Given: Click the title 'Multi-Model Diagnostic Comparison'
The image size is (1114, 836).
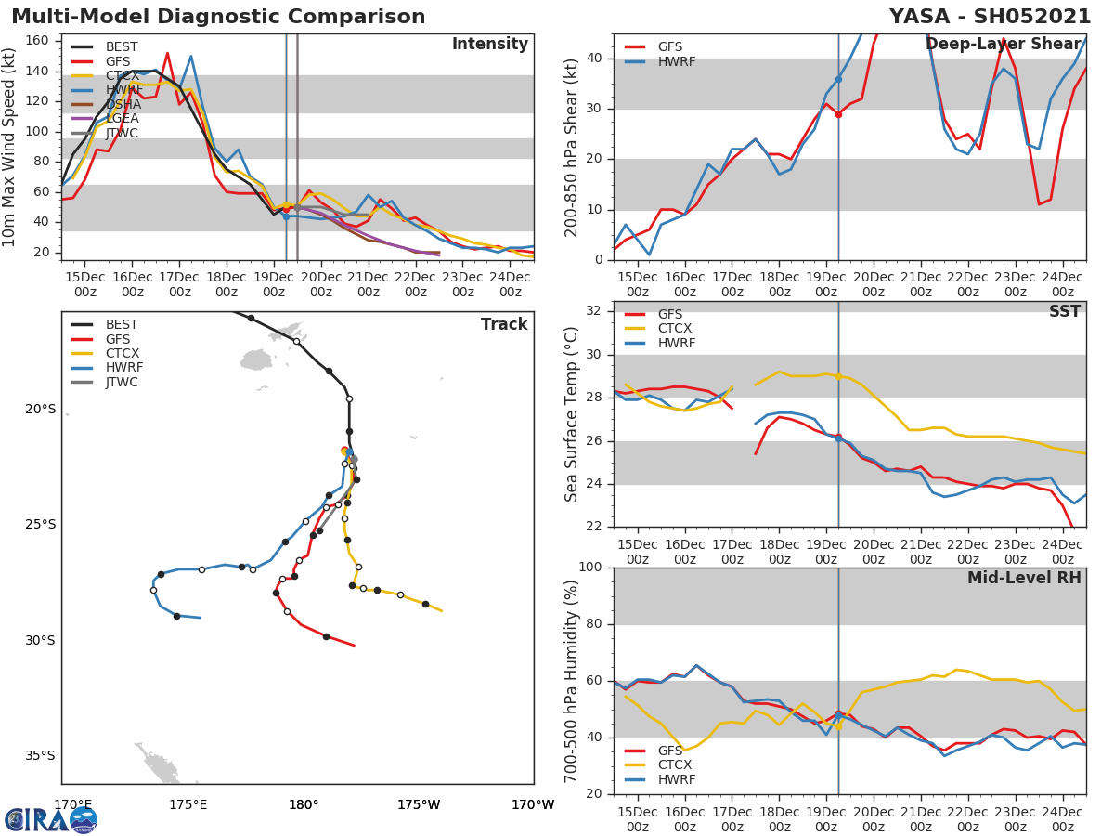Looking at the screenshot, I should [218, 17].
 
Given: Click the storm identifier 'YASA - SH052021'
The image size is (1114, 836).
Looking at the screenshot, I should [990, 17].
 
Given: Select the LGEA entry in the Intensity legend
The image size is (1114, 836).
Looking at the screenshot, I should [122, 119].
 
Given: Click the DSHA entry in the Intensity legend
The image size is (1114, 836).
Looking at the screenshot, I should [122, 104].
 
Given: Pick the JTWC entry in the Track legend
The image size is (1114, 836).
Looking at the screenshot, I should [123, 382].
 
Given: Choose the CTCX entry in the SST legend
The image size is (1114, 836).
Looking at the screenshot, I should [675, 329].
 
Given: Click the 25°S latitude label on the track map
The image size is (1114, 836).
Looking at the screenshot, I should [40, 525].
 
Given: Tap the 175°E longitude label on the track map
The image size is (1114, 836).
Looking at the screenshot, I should [188, 804].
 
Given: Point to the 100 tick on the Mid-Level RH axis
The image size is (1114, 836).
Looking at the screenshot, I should [590, 568].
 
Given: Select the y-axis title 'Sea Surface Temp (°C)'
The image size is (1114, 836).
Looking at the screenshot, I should [573, 413].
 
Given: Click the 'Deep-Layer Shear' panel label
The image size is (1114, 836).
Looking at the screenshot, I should [1003, 45].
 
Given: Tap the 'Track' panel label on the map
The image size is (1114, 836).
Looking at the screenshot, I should [504, 324].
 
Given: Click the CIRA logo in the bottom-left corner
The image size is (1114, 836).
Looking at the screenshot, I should [50, 819].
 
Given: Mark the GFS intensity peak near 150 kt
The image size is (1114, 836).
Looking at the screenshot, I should [167, 53].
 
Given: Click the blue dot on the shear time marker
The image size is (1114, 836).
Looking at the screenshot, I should [838, 79].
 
